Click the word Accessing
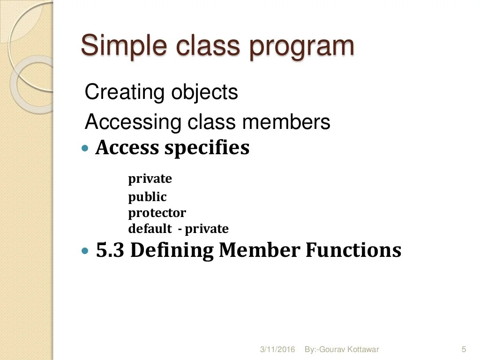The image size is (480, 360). (133, 123)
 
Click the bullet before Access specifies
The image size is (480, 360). (85, 148)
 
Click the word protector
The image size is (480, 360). (157, 213)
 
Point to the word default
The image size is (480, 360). (150, 229)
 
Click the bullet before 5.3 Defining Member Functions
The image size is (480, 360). (85, 251)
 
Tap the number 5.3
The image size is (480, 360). (110, 250)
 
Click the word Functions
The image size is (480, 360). (353, 250)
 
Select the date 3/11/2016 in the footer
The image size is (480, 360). (277, 350)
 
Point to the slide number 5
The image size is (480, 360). (464, 349)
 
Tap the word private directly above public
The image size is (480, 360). (150, 179)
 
